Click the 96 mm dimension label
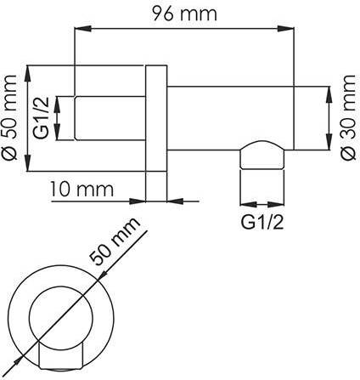tap(184, 14)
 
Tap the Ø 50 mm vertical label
tap(9, 117)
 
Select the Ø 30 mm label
tap(348, 117)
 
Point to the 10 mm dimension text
tap(82, 189)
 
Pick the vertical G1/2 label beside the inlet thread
tap(42, 118)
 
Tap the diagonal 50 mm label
tap(115, 241)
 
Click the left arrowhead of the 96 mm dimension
tap(83, 28)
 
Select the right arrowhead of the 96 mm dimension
tap(285, 28)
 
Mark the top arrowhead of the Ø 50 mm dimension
tap(28, 74)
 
